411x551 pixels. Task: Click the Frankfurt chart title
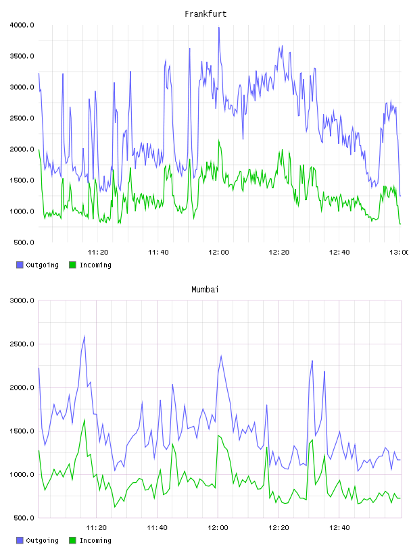(x=205, y=14)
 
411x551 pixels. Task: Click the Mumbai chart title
(x=205, y=290)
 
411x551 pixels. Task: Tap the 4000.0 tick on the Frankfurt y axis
(x=22, y=25)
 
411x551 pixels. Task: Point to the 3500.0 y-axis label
(x=22, y=56)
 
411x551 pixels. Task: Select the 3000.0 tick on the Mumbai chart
(x=22, y=300)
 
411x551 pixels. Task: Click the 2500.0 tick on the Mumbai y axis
(x=22, y=344)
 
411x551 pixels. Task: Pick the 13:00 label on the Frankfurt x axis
(x=400, y=253)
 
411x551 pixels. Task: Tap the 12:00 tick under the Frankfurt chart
(x=218, y=253)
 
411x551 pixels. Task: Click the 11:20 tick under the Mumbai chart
(x=97, y=528)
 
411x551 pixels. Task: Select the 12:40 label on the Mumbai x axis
(x=339, y=528)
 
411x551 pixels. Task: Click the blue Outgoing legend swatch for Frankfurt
(x=20, y=265)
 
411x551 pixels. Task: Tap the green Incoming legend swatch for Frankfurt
(x=72, y=265)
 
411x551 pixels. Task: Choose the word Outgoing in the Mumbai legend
(x=42, y=540)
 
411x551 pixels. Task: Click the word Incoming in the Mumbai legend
(x=95, y=540)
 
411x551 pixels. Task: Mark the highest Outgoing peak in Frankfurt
(x=219, y=28)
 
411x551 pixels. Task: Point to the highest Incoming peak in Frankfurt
(x=219, y=140)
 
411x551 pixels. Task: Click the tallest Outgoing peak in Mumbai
(x=84, y=337)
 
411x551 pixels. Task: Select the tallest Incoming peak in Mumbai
(x=84, y=419)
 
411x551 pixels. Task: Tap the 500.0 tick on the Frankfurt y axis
(x=24, y=242)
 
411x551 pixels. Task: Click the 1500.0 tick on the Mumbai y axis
(x=22, y=431)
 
